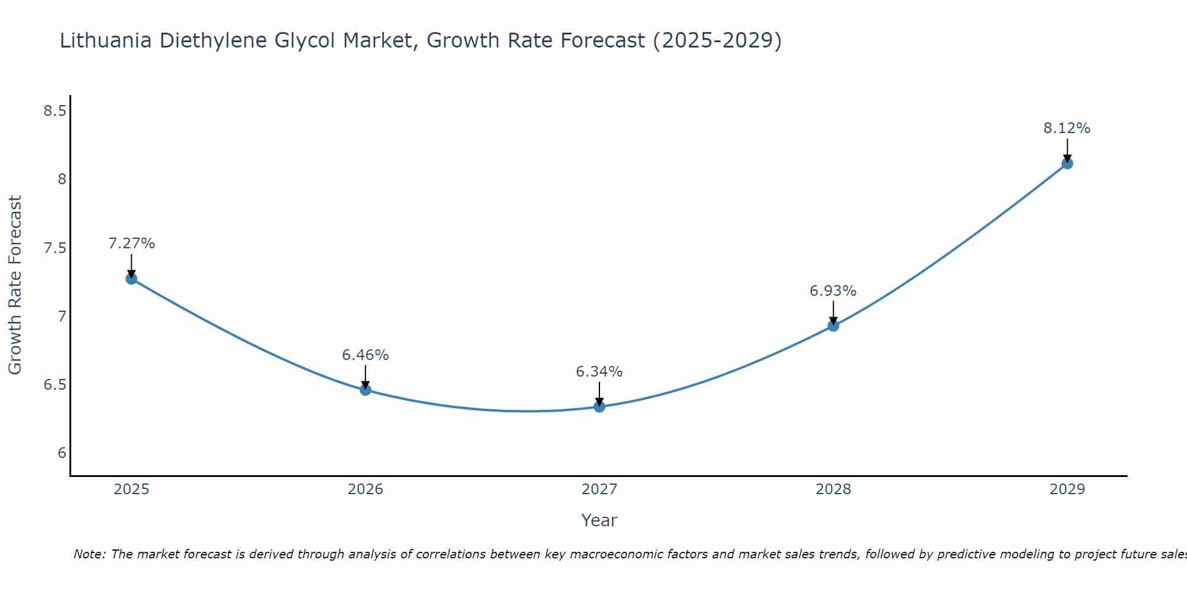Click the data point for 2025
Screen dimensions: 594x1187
point(132,279)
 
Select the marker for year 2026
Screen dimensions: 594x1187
point(366,390)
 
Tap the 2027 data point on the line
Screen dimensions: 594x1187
point(599,406)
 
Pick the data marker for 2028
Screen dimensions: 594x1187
point(833,326)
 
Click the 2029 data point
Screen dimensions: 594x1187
point(1067,163)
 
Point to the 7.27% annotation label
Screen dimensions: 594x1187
point(132,244)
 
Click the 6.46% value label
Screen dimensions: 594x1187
point(366,355)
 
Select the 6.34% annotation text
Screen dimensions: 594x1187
point(599,372)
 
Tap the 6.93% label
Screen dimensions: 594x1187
point(833,291)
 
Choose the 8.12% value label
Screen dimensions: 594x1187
point(1067,128)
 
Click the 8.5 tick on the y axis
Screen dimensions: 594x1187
point(55,111)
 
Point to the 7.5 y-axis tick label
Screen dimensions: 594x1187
point(55,248)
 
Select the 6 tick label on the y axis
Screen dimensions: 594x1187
point(62,453)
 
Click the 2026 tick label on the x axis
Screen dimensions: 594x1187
point(366,489)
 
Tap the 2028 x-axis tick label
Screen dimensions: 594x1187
point(833,489)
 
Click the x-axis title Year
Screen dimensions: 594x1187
point(599,520)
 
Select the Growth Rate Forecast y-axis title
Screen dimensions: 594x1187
point(15,285)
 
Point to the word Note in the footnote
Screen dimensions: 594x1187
point(89,554)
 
